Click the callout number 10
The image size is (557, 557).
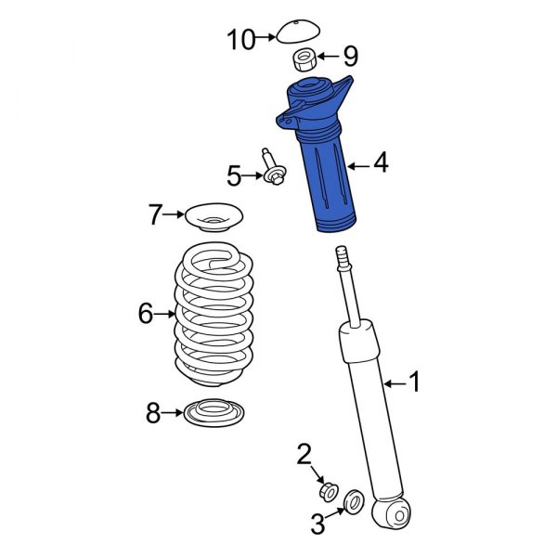pyautogui.click(x=240, y=39)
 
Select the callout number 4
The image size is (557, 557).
pyautogui.click(x=381, y=163)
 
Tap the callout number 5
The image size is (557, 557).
pyautogui.click(x=234, y=174)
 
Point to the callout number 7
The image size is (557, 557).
pyautogui.click(x=155, y=216)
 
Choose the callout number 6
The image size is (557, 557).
pyautogui.click(x=145, y=314)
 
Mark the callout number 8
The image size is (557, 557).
pyautogui.click(x=153, y=413)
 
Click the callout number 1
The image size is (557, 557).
pyautogui.click(x=415, y=380)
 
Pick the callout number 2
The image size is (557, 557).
pyautogui.click(x=304, y=454)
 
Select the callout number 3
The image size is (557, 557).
pyautogui.click(x=318, y=525)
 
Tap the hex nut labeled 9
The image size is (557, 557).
pyautogui.click(x=304, y=60)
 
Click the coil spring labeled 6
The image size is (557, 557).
pyautogui.click(x=214, y=316)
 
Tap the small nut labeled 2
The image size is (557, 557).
pyautogui.click(x=327, y=488)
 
